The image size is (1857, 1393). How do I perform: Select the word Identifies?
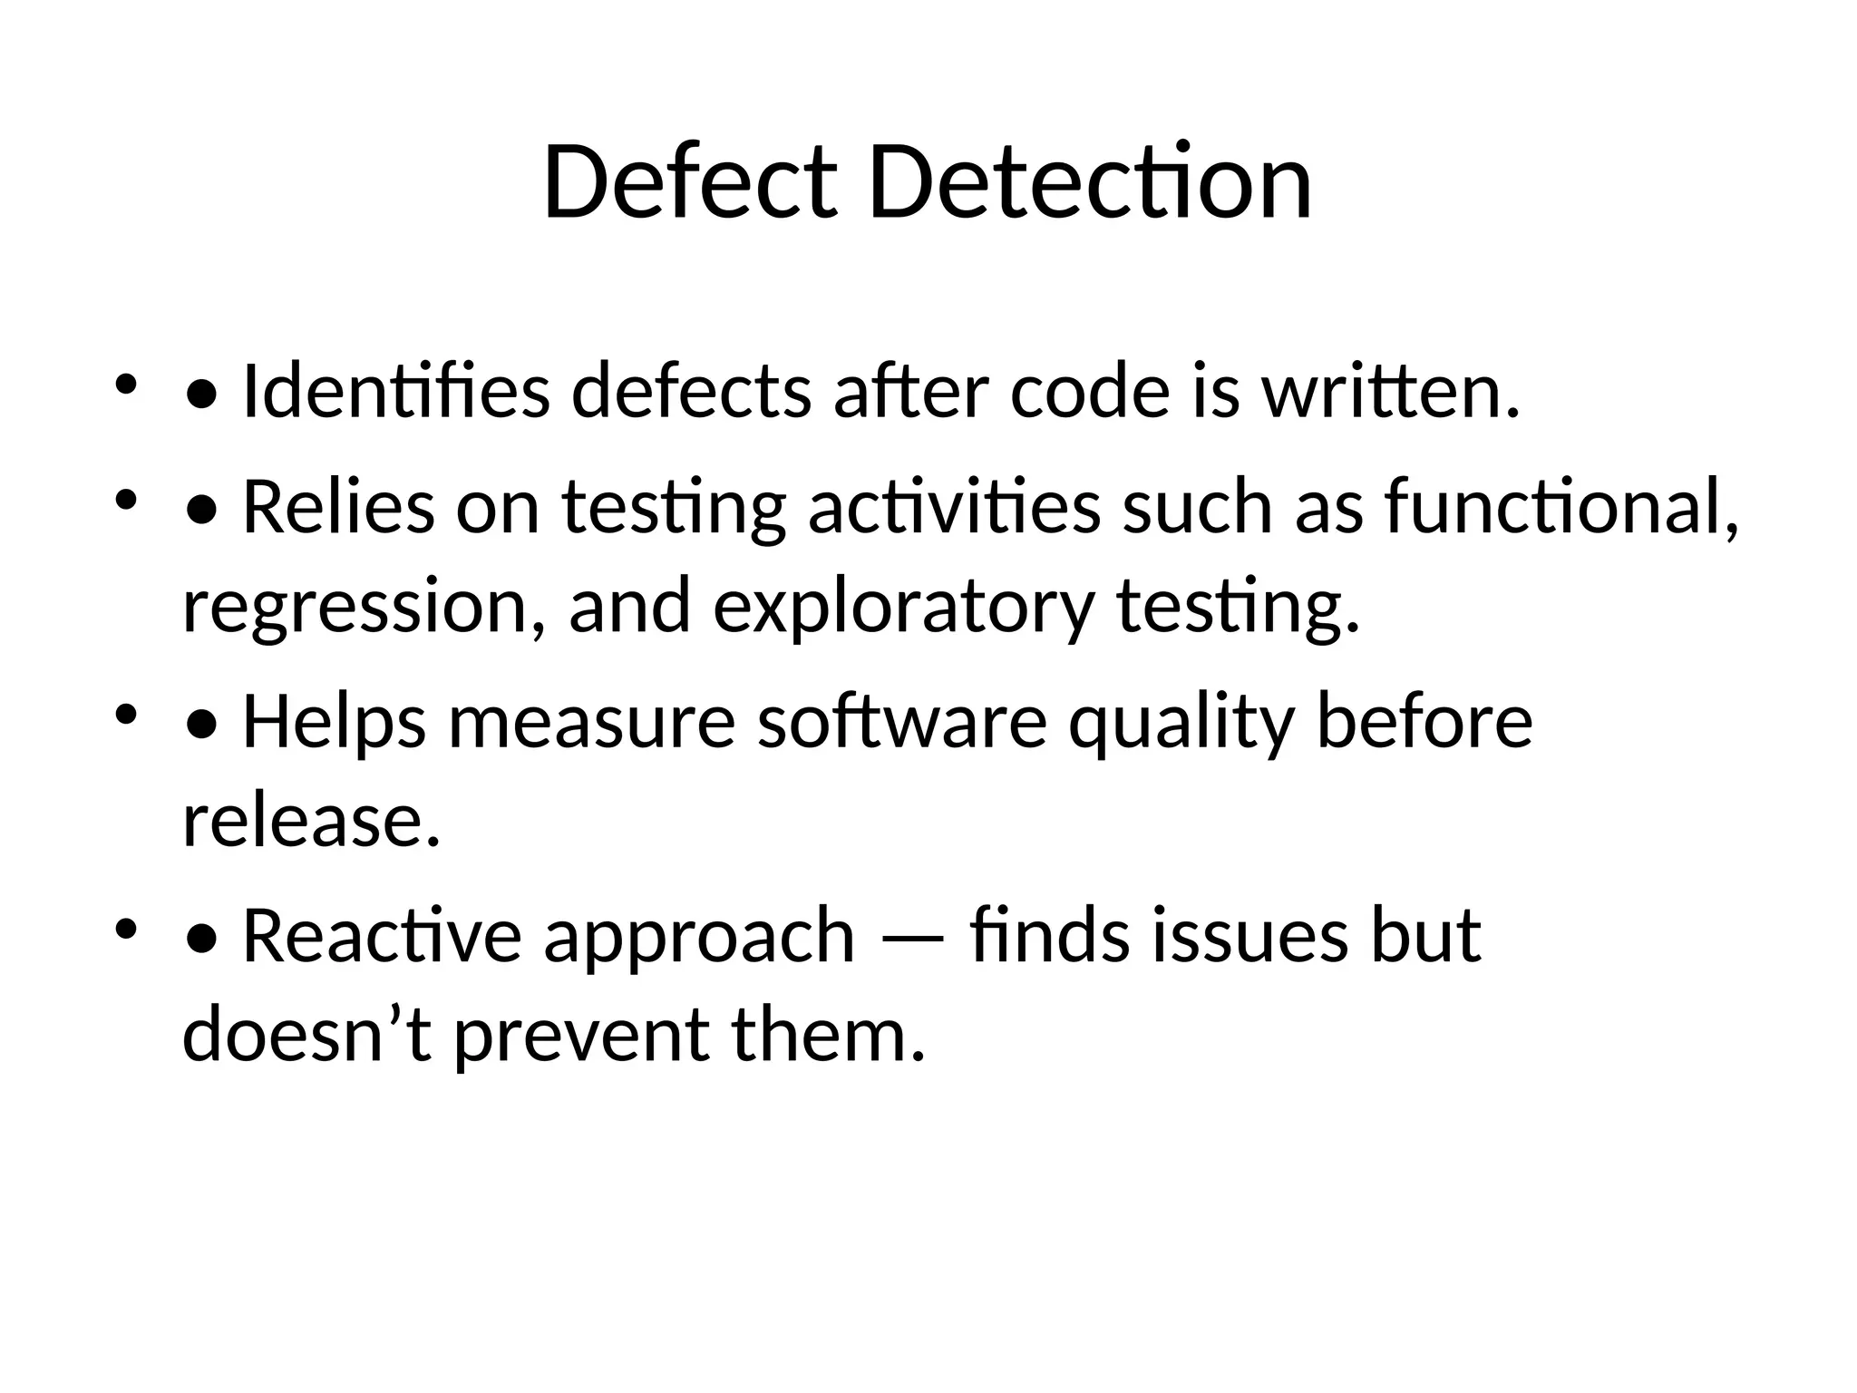396,392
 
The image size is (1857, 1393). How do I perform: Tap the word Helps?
334,722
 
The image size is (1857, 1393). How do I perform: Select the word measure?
591,722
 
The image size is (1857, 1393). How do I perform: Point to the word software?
902,722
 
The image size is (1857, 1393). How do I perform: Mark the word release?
311,822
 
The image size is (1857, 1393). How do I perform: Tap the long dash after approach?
911,938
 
